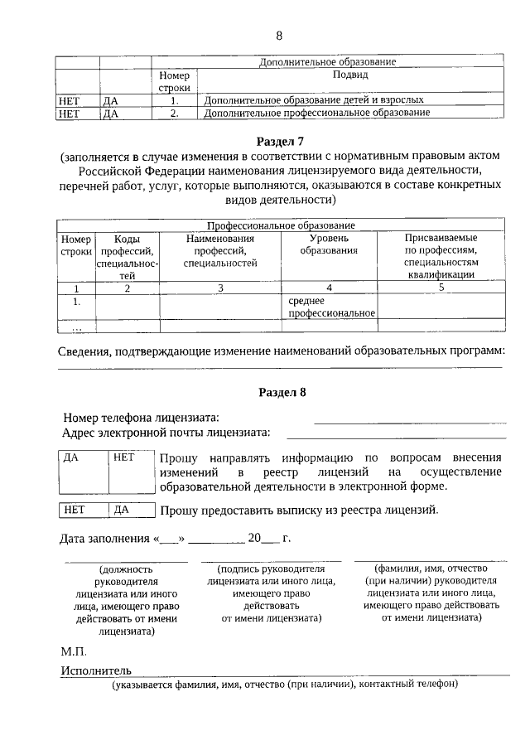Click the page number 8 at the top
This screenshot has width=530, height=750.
pos(279,36)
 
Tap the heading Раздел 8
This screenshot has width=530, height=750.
pos(282,393)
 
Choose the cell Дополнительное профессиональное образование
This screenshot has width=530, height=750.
pos(317,112)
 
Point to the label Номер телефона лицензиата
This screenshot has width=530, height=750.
pos(142,418)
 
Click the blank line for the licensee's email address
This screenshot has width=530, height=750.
pos(396,433)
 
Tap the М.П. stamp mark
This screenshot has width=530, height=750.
pos(74,651)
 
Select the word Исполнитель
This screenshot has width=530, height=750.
pos(96,670)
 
